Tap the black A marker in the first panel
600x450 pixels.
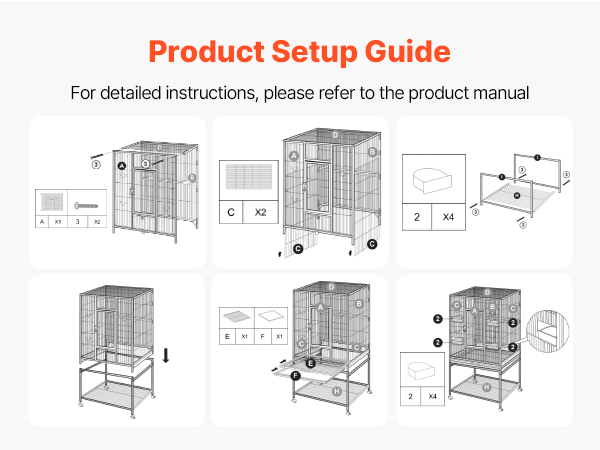coord(121,166)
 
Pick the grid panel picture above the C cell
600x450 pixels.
coord(246,179)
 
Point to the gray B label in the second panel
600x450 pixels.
coord(371,152)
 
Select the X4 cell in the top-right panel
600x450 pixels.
coord(447,215)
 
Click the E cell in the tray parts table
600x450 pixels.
coord(228,337)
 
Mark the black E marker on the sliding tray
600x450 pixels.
coord(311,363)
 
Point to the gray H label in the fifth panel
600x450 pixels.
coord(337,389)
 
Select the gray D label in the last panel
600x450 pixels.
coord(487,292)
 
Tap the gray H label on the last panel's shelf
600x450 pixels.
coord(486,386)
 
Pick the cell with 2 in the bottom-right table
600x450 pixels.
coord(409,396)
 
